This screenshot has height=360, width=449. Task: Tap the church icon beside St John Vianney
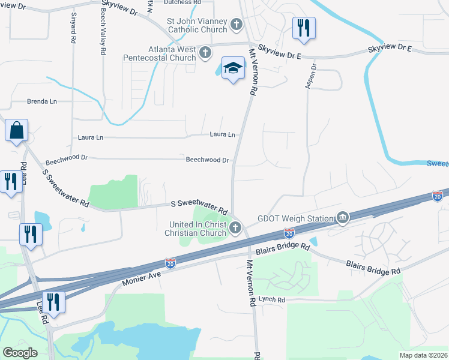(237, 25)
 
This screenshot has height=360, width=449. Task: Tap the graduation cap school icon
(233, 69)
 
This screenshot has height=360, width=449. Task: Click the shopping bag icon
(16, 130)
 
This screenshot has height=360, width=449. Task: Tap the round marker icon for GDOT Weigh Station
(342, 217)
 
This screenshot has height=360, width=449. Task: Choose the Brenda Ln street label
(41, 101)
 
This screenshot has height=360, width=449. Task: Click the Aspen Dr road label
(310, 77)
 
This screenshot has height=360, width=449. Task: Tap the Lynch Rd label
(272, 299)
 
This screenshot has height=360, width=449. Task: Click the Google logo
(20, 352)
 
